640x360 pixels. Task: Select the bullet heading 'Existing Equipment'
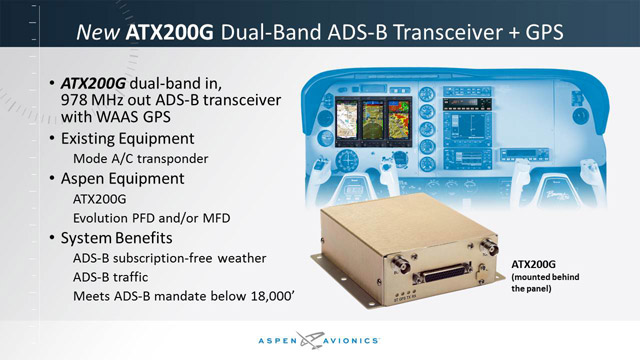click(139, 136)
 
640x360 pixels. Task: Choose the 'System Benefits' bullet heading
click(127, 239)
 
